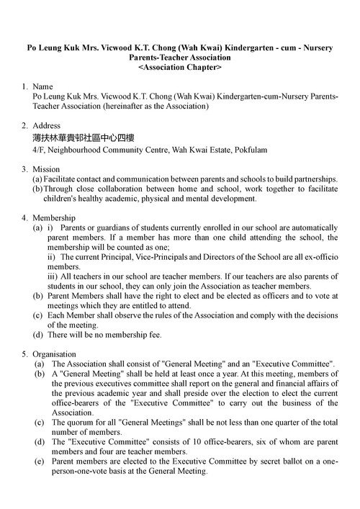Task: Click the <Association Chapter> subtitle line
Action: pyautogui.click(x=179, y=67)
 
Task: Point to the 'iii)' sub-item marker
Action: pyautogui.click(x=54, y=276)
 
